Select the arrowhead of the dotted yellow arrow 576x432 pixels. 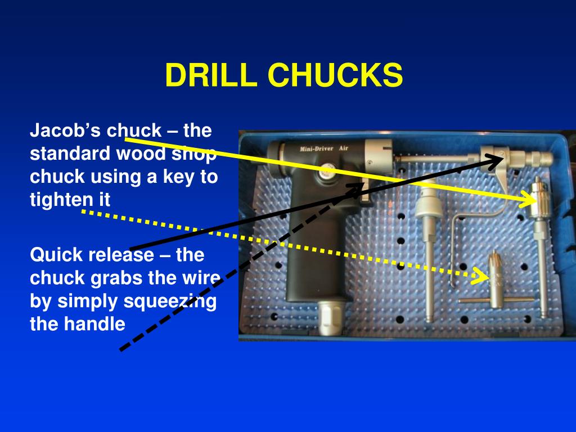tap(484, 276)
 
